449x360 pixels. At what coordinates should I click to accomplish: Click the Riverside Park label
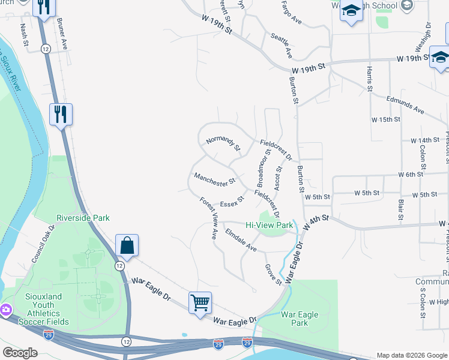click(83, 218)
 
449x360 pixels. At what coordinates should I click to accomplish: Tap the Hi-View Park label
click(270, 226)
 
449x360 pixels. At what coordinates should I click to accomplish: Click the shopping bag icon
click(127, 245)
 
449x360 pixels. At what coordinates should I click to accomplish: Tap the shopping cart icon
click(200, 302)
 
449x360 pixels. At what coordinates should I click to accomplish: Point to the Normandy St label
click(223, 144)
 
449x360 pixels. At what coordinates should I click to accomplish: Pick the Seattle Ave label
click(281, 46)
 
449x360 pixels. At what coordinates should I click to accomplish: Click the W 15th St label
click(385, 120)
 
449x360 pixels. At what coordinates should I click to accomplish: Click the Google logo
click(20, 353)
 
